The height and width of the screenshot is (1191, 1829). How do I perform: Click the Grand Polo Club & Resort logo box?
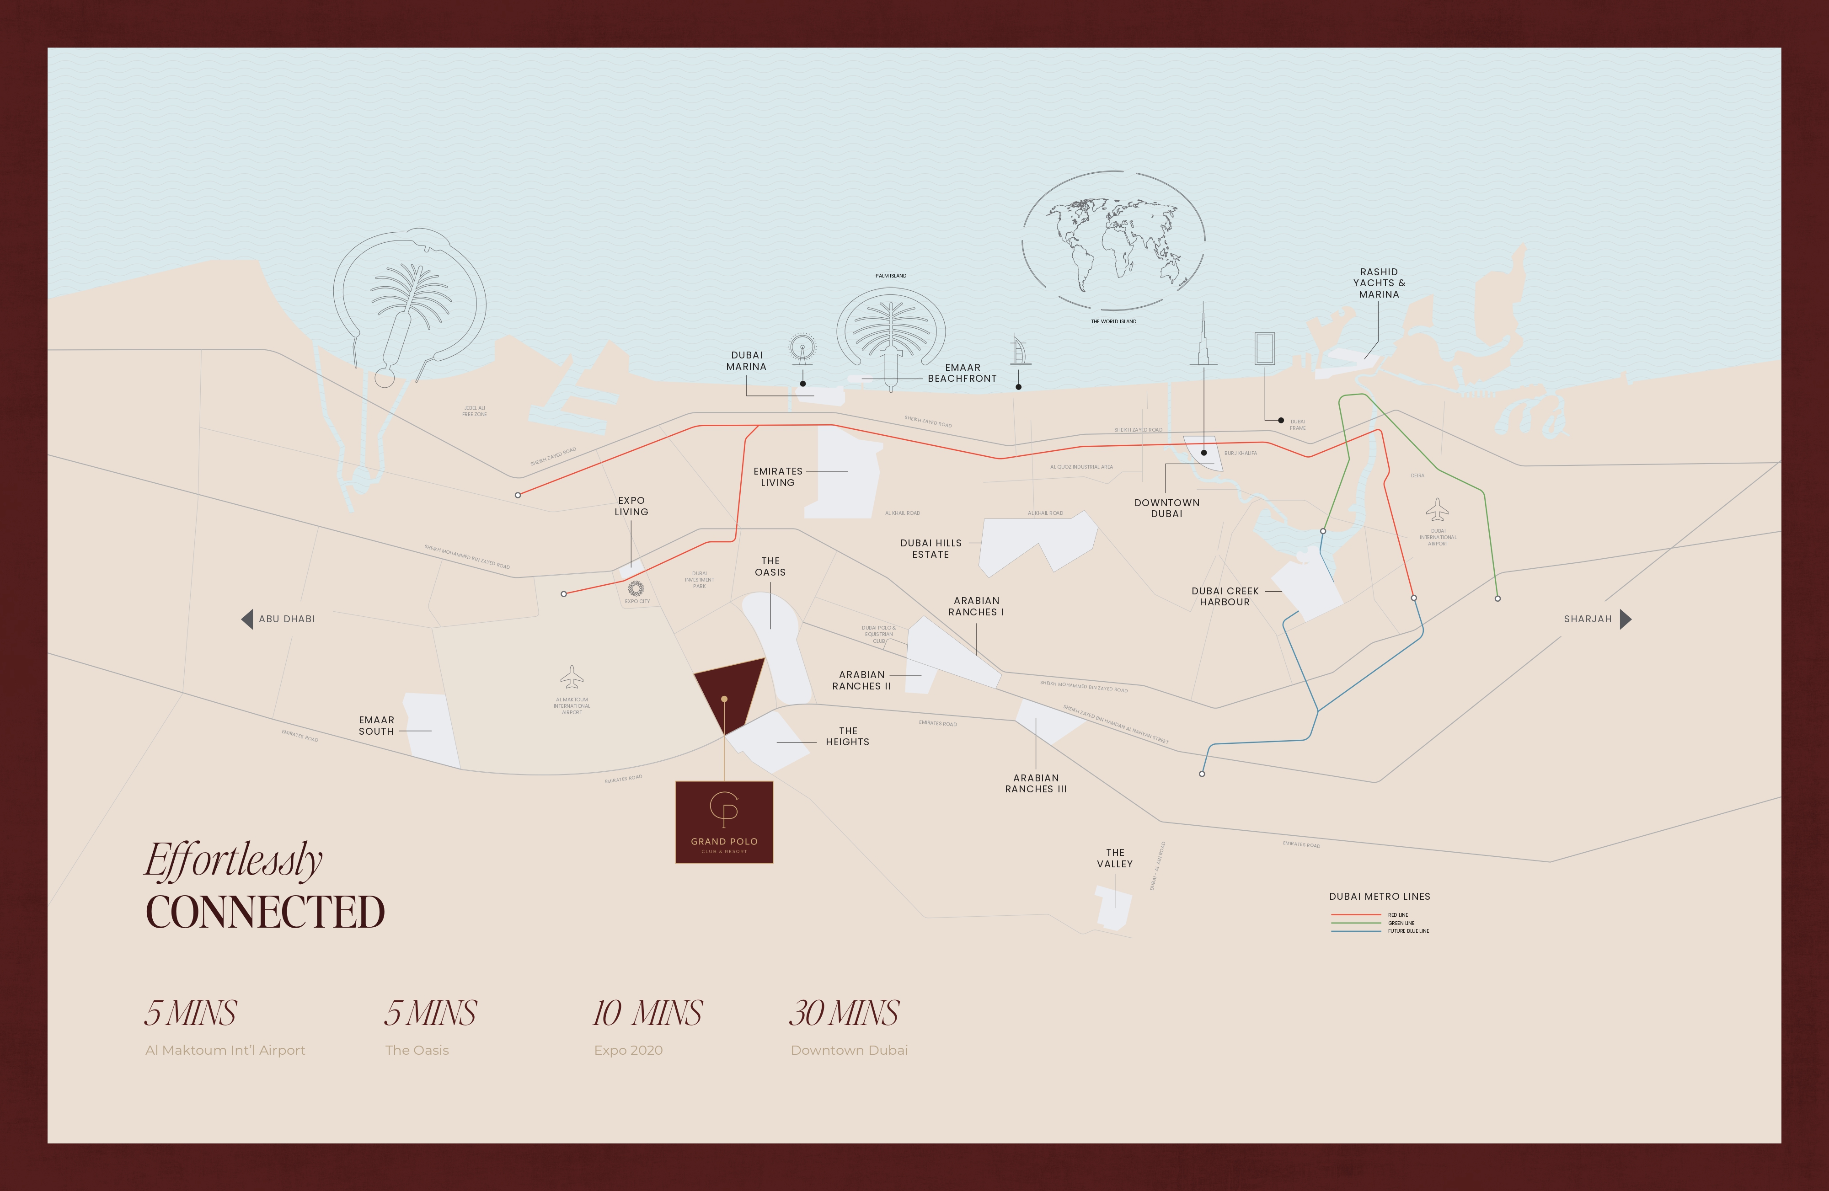(724, 822)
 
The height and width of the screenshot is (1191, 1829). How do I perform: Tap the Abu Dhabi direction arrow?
(246, 620)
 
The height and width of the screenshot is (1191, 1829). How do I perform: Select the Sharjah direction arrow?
(1626, 620)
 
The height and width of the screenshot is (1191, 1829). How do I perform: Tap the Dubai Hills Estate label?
(931, 549)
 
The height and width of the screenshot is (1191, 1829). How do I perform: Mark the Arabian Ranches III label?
(1036, 784)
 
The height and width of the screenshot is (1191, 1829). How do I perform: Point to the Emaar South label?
(377, 726)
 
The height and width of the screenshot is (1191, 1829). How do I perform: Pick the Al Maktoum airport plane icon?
(572, 678)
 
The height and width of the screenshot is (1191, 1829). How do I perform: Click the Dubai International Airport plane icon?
(1437, 510)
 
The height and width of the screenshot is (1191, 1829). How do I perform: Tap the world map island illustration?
(1113, 240)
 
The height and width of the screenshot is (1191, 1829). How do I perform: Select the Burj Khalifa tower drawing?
(1203, 338)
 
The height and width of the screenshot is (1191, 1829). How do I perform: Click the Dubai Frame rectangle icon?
(1265, 349)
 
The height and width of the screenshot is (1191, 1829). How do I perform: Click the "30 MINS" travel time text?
(844, 1014)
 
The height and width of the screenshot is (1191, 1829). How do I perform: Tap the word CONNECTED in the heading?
(265, 913)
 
